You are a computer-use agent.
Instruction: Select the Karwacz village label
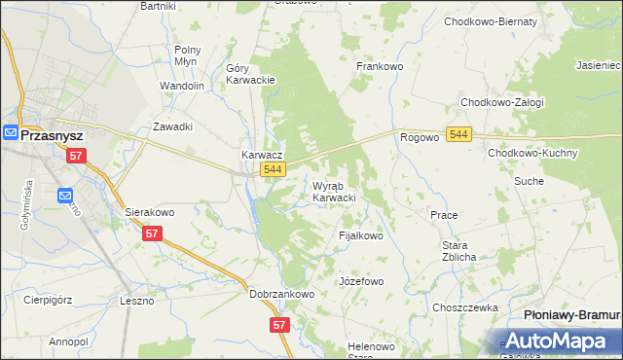262,155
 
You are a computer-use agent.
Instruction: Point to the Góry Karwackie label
251,75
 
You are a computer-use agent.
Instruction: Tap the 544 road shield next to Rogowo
459,133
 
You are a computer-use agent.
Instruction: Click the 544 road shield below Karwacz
274,169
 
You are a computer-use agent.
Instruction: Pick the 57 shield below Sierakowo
152,234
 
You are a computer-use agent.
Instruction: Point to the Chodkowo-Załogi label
501,102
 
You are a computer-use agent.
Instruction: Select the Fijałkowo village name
361,235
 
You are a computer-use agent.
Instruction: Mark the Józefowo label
361,281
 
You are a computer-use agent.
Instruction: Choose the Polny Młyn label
186,55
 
